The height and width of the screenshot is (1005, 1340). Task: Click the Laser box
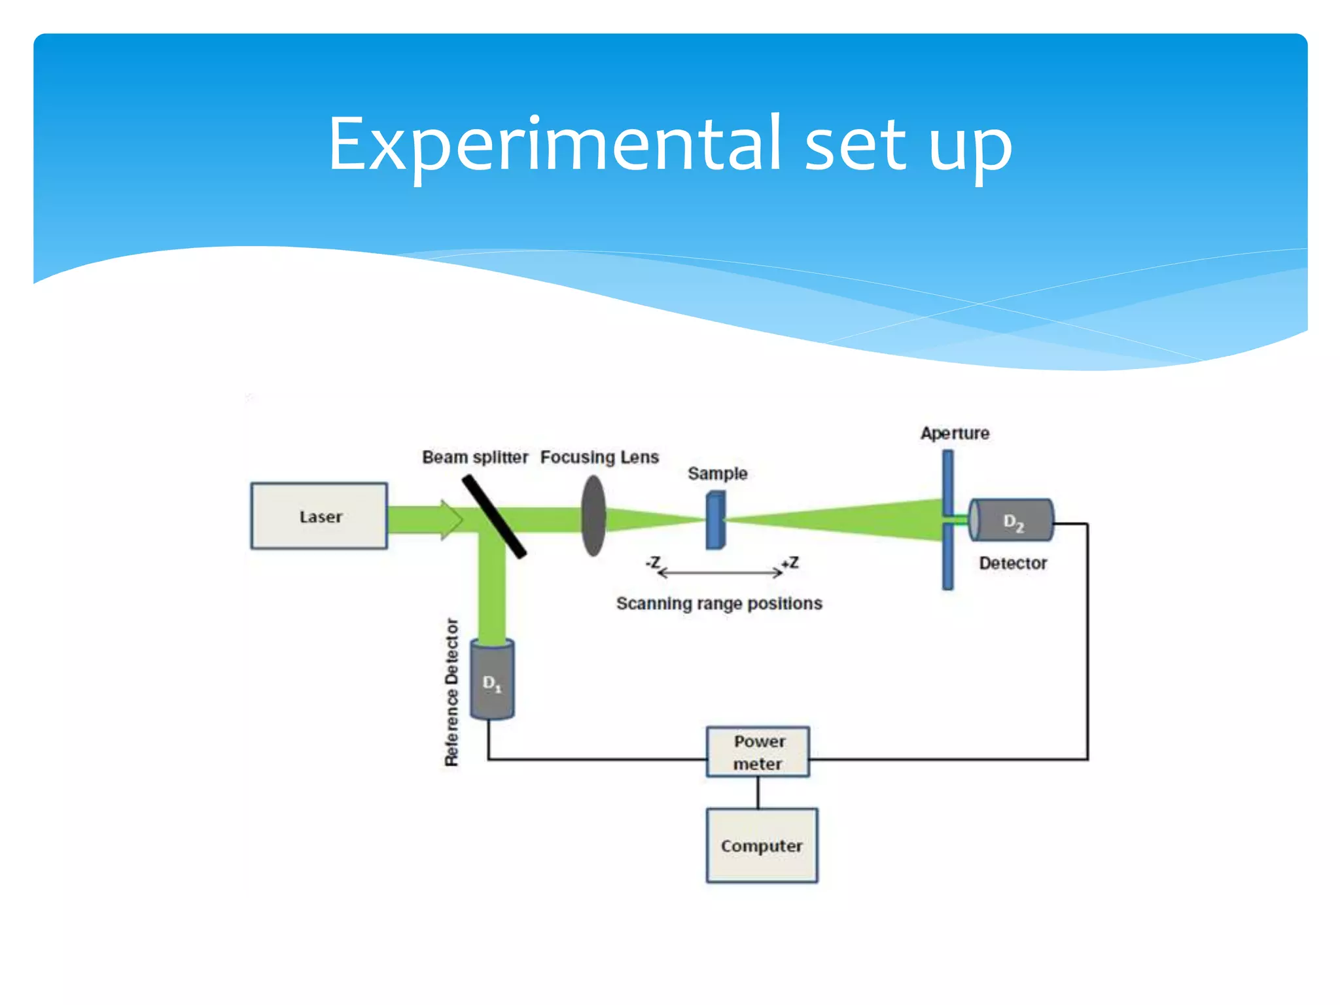coord(319,516)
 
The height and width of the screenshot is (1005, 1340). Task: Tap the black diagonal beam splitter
coord(494,517)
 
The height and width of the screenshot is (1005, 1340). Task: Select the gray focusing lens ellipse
coord(593,516)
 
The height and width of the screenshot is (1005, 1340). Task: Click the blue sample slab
coord(715,520)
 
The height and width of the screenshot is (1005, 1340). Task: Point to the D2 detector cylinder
coord(1012,521)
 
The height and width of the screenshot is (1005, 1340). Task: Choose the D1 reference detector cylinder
coord(492,681)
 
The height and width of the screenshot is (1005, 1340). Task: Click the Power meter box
coord(758,752)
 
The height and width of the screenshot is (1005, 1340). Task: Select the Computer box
coord(762,845)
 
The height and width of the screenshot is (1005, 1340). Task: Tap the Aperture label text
coord(955,433)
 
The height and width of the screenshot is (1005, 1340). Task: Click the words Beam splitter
coord(475,457)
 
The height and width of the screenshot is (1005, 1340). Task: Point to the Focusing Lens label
coord(599,457)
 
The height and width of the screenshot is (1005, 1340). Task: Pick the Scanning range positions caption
coord(719,603)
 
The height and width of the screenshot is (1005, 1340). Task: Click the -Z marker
coord(653,563)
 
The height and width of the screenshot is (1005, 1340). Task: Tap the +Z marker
coord(790,563)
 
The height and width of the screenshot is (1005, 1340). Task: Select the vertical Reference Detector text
coord(451,692)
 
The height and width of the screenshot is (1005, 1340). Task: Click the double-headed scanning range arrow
coord(720,573)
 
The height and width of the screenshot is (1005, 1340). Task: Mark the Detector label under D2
coord(1012,563)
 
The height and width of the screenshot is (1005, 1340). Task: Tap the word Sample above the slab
coord(717,473)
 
